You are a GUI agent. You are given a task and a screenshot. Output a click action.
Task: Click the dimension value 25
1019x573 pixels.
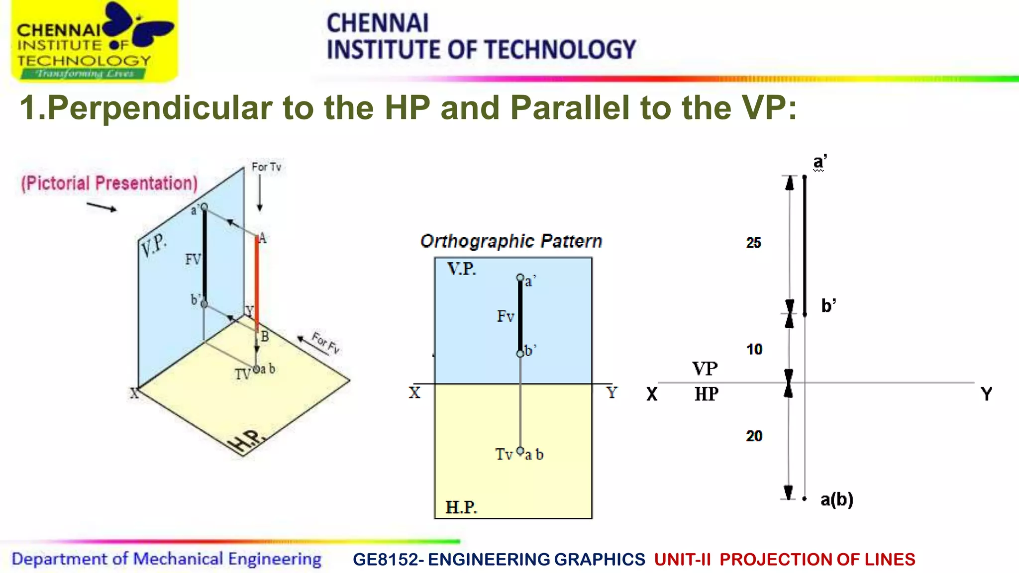click(753, 243)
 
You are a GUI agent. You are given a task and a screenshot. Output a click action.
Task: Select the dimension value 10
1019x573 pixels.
click(754, 349)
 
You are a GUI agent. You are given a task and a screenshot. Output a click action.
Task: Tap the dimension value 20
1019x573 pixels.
click(754, 436)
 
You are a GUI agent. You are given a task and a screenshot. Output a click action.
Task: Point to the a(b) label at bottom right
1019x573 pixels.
click(836, 499)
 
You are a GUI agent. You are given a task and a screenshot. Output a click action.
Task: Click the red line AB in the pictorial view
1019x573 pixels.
click(257, 284)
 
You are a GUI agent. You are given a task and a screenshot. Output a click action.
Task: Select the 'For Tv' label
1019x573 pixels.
click(266, 167)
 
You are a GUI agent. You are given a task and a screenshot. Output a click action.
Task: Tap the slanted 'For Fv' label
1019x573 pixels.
click(326, 342)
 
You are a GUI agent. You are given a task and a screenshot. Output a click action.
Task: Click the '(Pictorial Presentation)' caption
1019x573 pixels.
click(109, 183)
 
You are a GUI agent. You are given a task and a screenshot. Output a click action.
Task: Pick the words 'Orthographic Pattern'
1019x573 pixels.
click(511, 241)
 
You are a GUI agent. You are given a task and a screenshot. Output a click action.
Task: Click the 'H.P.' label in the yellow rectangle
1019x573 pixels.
click(461, 507)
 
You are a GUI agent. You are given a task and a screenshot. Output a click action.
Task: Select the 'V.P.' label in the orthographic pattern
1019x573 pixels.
click(462, 269)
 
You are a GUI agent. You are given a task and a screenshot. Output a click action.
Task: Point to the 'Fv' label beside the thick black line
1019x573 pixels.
click(505, 316)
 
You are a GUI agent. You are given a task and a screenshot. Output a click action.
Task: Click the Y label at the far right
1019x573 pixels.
click(986, 394)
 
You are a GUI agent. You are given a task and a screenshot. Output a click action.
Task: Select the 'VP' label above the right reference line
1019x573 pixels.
click(705, 369)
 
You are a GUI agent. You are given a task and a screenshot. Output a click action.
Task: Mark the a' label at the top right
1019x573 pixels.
click(819, 162)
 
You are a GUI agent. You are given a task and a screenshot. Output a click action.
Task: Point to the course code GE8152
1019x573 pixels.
click(386, 560)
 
